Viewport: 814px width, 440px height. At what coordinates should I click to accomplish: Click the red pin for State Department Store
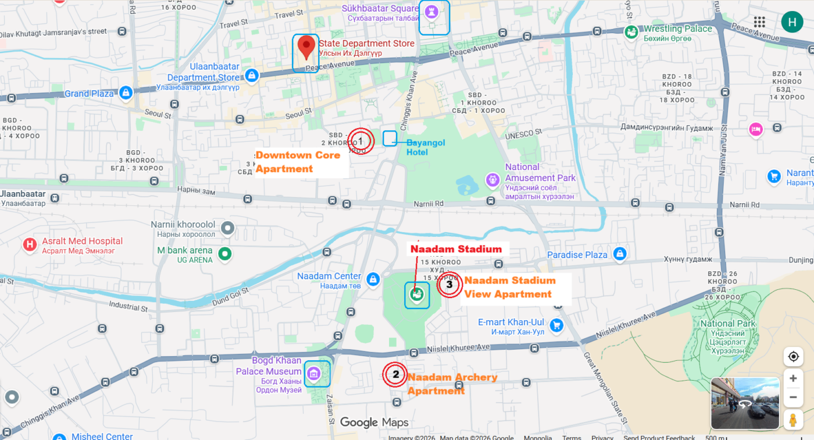tap(306, 47)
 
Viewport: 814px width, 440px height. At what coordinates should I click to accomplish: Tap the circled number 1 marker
tap(360, 141)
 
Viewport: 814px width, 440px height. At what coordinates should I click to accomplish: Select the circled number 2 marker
tap(395, 374)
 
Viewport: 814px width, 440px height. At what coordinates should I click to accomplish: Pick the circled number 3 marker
tap(449, 285)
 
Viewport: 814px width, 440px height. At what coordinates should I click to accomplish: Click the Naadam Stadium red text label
tap(456, 249)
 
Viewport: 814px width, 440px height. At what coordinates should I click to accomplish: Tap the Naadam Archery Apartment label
tap(452, 384)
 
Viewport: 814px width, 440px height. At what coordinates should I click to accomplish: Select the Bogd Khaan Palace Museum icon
tap(314, 373)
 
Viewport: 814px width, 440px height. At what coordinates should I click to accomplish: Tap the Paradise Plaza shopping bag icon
tap(620, 254)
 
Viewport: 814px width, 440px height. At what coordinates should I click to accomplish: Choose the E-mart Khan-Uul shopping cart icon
tap(556, 325)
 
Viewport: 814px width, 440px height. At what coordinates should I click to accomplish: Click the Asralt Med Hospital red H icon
tap(30, 245)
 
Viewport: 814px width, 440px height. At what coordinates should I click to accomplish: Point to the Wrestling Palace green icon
tap(631, 33)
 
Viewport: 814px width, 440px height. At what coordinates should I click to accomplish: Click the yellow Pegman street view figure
tap(792, 419)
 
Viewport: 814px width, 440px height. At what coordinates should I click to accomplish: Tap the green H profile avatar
tap(792, 22)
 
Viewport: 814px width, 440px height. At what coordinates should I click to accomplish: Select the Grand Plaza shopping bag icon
tap(126, 93)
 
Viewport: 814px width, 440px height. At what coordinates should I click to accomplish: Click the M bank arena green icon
tap(224, 254)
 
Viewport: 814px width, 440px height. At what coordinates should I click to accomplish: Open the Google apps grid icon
tap(759, 22)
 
